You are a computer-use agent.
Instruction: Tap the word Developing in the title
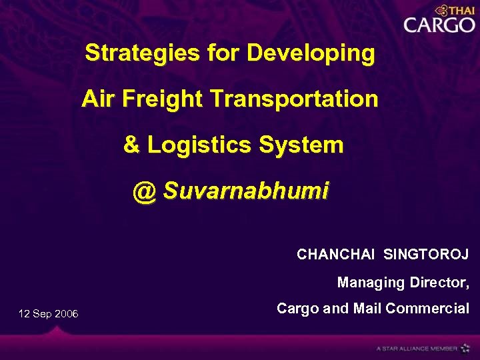point(311,53)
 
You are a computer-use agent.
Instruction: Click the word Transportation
point(293,99)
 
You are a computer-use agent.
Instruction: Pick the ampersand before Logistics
point(132,145)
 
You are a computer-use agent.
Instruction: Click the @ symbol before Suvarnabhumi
point(144,191)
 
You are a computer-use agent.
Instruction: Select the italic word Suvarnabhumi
point(246,191)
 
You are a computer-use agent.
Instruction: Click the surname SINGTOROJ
point(426,255)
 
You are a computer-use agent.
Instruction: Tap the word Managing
point(371,283)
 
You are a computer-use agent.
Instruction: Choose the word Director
point(438,283)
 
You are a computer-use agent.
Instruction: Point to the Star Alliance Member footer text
point(417,348)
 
